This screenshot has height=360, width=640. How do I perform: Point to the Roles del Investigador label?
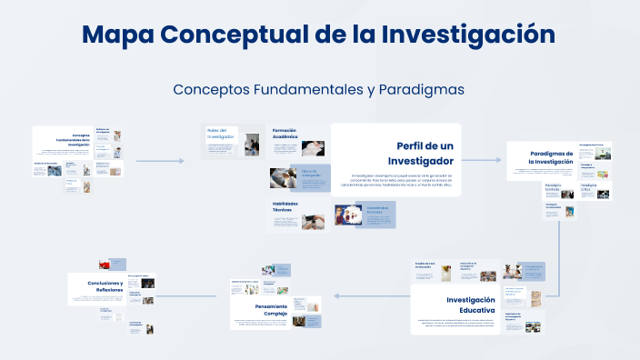[221, 133]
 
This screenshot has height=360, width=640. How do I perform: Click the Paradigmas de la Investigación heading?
[551, 157]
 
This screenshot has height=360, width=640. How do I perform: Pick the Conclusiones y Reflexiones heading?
[105, 286]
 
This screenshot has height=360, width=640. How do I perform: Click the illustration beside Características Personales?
[348, 215]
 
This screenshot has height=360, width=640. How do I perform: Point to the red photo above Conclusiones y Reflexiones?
[105, 264]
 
